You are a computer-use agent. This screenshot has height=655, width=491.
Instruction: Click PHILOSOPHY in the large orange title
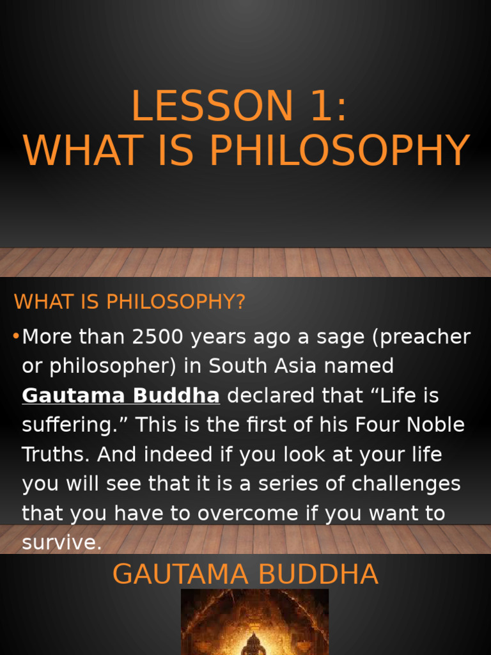click(x=340, y=151)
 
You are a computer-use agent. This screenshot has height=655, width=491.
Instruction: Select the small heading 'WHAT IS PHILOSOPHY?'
click(x=130, y=302)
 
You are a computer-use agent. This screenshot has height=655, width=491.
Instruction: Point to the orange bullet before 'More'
click(x=17, y=336)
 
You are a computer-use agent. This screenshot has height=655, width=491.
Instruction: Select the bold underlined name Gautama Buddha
click(x=121, y=396)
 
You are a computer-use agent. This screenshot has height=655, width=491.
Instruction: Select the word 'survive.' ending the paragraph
click(x=61, y=543)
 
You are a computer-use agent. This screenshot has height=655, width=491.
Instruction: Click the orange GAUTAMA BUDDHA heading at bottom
click(x=245, y=574)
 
